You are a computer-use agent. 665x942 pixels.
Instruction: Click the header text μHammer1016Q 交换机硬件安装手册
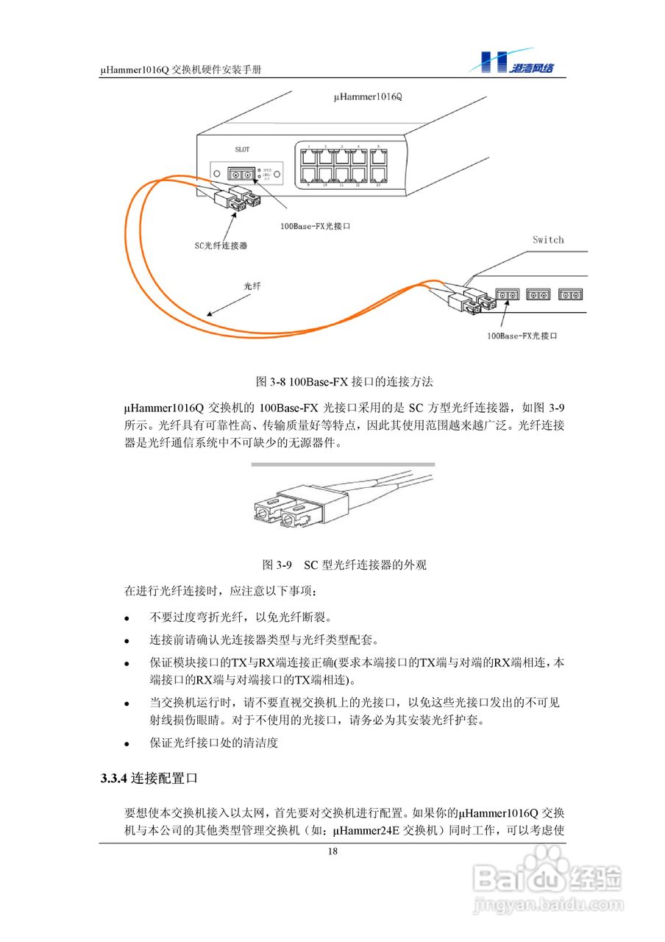click(182, 68)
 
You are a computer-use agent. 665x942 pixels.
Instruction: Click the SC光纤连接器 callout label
click(221, 245)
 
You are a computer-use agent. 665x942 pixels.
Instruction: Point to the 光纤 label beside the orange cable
click(253, 285)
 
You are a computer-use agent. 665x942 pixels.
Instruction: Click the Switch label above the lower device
click(548, 240)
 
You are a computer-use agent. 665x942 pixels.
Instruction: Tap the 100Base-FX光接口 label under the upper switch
click(316, 227)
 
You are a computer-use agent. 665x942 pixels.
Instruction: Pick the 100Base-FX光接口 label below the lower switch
click(522, 336)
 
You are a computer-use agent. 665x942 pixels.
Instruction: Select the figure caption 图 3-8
click(344, 381)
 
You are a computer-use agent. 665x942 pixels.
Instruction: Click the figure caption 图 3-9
click(344, 565)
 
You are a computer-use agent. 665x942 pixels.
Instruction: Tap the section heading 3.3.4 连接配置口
click(149, 777)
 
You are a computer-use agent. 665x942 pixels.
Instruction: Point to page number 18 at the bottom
click(332, 851)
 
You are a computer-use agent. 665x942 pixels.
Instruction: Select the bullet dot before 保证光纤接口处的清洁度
click(127, 744)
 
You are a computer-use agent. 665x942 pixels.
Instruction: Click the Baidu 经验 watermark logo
click(548, 876)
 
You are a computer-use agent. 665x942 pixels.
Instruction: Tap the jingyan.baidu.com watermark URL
click(548, 903)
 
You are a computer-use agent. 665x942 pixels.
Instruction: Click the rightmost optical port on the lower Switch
click(571, 294)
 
